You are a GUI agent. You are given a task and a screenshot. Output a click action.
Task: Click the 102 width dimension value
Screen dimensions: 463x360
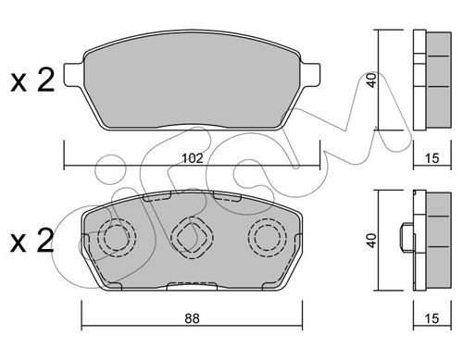[193, 158]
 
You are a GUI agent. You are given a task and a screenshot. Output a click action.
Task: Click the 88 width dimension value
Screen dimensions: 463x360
[192, 318]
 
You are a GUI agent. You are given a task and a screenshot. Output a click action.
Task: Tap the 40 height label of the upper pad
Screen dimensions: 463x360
[372, 80]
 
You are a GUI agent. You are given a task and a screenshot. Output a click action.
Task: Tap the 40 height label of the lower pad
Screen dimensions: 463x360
[372, 241]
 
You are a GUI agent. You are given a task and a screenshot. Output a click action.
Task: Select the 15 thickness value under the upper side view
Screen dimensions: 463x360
[432, 158]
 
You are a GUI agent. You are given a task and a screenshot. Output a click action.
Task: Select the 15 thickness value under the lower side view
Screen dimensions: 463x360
[432, 318]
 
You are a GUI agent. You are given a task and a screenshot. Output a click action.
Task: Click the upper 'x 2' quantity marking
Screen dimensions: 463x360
[32, 81]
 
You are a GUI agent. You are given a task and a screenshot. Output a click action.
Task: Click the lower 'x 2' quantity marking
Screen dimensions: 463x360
[32, 241]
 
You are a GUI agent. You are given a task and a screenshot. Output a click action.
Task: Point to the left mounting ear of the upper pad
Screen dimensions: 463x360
[73, 75]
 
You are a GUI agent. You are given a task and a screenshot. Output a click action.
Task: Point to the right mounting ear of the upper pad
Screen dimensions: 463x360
[310, 75]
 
